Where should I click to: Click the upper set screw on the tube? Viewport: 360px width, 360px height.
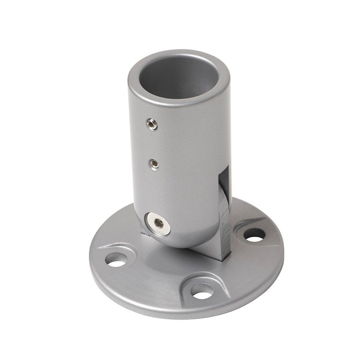click(151, 125)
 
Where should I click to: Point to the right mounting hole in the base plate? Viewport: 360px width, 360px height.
click(253, 235)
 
